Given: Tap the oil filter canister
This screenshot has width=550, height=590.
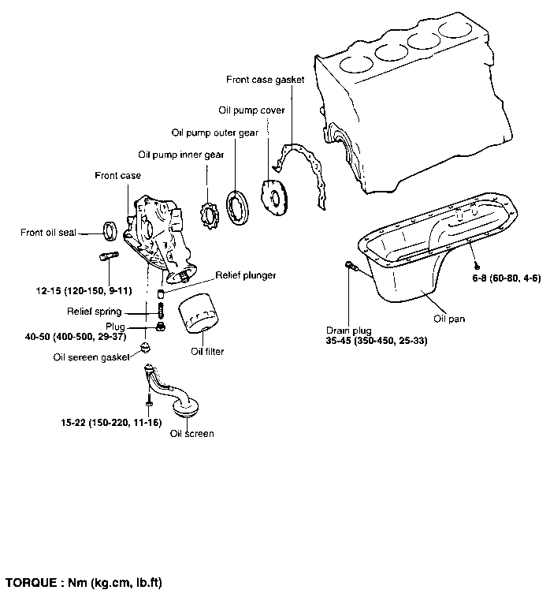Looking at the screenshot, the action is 199,313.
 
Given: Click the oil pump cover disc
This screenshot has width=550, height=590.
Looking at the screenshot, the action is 274,197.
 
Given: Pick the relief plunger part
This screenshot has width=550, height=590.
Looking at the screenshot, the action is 161,293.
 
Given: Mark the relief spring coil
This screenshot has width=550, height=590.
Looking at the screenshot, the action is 161,310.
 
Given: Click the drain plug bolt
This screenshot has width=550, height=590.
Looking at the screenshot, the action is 351,265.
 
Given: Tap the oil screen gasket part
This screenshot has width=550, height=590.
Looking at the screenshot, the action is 145,347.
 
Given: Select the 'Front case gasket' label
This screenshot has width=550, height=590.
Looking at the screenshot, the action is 265,80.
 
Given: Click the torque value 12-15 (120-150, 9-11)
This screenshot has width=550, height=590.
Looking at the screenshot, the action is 84,291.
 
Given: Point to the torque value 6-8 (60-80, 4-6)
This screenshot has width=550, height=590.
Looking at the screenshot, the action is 507,278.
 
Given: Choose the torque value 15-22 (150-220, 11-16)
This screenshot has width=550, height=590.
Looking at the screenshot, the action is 111,423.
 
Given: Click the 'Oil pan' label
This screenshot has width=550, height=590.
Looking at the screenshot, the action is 449,319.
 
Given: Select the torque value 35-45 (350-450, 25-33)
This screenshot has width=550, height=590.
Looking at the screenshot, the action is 377,341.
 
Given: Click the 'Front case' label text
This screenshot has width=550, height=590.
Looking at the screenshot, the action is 117,176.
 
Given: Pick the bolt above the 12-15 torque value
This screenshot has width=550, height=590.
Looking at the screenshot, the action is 110,256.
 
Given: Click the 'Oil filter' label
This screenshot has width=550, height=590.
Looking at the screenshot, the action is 207,352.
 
